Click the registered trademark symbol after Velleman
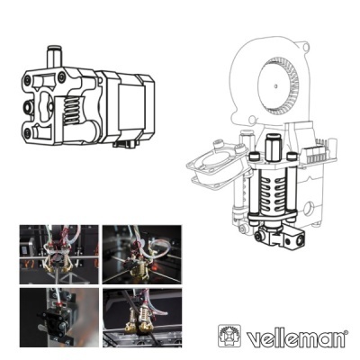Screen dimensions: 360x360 [x=346, y=332]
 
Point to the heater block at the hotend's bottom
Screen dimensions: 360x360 [x=287, y=238]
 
